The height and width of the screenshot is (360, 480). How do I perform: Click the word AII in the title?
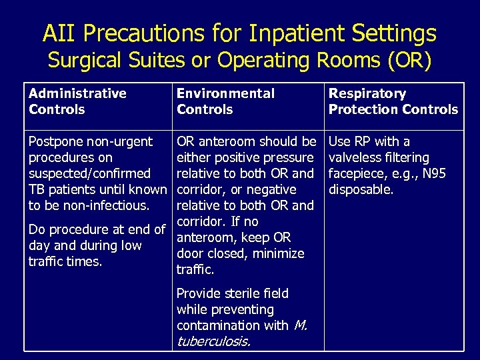(x=58, y=33)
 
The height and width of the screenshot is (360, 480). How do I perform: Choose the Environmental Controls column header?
(x=225, y=101)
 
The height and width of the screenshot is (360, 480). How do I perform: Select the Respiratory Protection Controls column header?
(x=393, y=101)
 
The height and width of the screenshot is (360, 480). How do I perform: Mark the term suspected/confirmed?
(x=89, y=173)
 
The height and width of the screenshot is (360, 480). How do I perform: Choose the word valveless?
(x=358, y=157)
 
